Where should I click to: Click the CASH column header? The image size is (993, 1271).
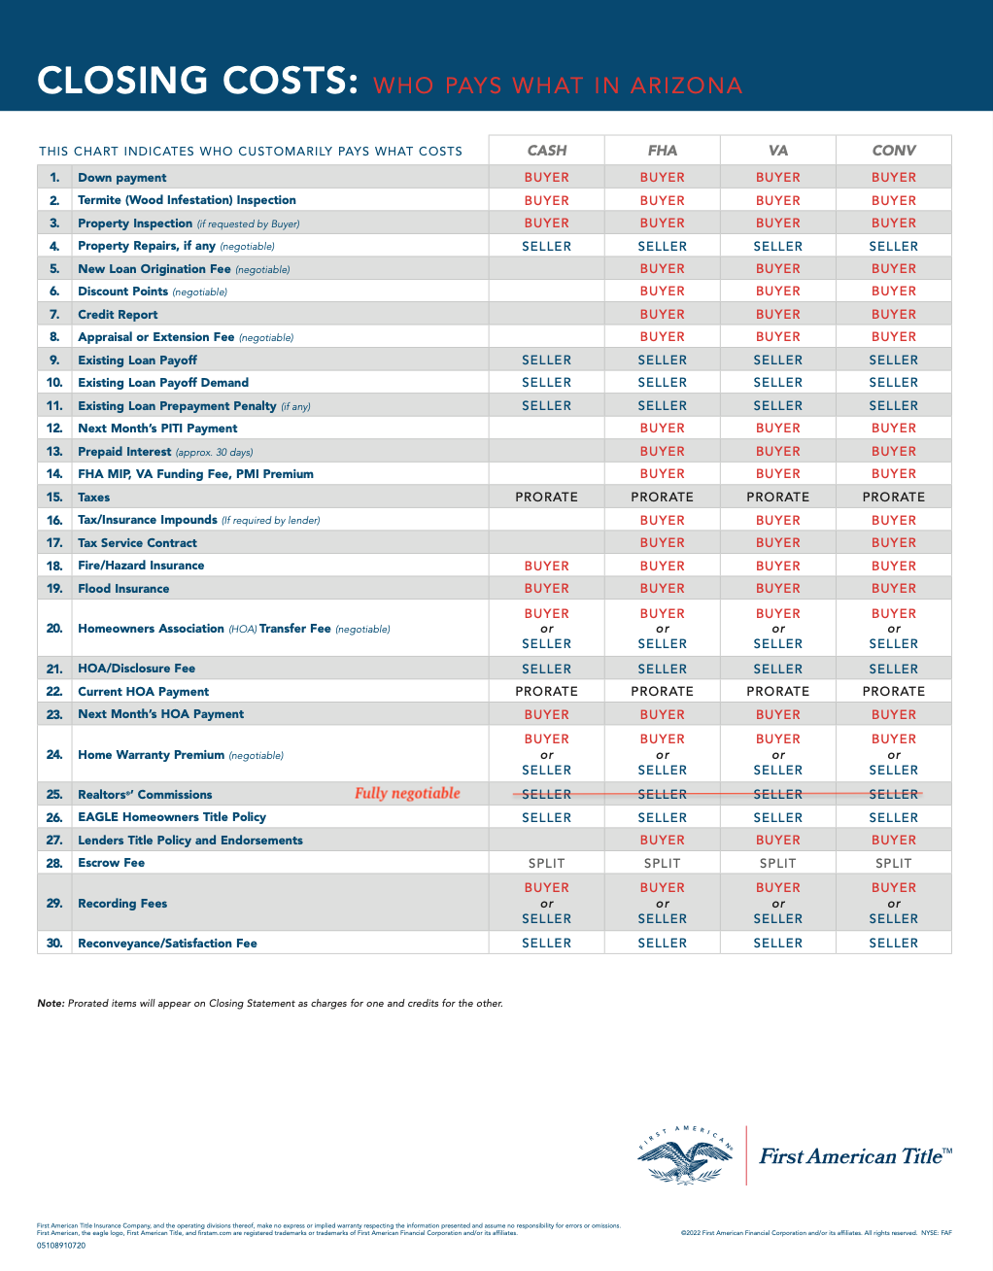click(546, 151)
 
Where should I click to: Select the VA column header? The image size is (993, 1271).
click(777, 151)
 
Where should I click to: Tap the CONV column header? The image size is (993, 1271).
click(893, 151)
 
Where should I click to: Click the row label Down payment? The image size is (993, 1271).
click(122, 178)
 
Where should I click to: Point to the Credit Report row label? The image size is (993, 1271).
click(118, 315)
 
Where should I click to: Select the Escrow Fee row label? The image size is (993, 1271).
click(111, 863)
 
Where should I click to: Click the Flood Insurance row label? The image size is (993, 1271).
click(123, 589)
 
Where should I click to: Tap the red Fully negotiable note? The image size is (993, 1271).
click(407, 793)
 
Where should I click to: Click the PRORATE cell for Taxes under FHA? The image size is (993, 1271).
click(662, 498)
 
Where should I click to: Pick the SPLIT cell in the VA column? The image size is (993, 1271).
click(777, 863)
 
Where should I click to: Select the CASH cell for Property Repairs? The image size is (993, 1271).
click(546, 247)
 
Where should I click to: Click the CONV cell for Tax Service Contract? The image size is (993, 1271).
click(893, 543)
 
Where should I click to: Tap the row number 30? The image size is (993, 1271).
click(54, 944)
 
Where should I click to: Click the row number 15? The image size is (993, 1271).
click(54, 498)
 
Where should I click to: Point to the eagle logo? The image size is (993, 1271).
click(685, 1156)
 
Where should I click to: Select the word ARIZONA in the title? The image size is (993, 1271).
click(686, 86)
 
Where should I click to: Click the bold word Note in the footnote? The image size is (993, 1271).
click(51, 1004)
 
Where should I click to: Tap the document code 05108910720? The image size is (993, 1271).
click(61, 1245)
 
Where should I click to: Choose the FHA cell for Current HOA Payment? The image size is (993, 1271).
click(662, 692)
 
